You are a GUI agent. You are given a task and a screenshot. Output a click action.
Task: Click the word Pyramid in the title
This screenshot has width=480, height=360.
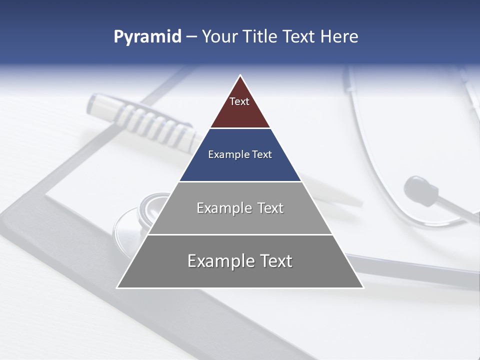tap(147, 37)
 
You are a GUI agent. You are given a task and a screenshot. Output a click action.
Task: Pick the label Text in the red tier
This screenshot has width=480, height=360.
tap(239, 101)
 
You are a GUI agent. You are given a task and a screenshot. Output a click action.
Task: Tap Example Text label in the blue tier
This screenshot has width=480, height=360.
tap(240, 154)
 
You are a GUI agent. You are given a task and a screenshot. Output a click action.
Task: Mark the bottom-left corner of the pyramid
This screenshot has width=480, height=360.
tap(117, 287)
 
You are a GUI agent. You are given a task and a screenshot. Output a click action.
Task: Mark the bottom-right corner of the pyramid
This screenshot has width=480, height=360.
tap(363, 287)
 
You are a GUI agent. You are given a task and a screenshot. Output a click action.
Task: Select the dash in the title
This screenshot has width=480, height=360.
tap(191, 37)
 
